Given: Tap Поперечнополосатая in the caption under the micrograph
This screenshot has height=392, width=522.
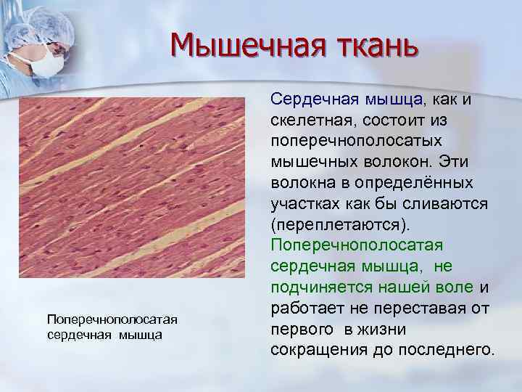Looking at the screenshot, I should [x=112, y=320].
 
